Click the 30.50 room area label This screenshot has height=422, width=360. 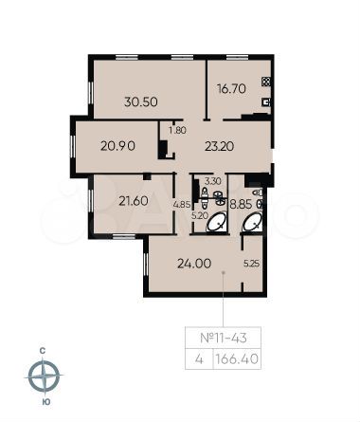(141, 101)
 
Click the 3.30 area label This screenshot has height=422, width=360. (213, 179)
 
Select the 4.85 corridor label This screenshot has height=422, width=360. (182, 203)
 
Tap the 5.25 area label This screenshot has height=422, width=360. (251, 264)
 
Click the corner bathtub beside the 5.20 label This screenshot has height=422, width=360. (217, 222)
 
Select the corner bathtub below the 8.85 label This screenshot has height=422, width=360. (253, 222)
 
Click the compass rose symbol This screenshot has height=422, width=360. (44, 377)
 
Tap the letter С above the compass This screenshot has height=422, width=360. (44, 350)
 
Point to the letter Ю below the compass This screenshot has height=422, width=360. (44, 405)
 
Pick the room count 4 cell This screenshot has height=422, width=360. (198, 358)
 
